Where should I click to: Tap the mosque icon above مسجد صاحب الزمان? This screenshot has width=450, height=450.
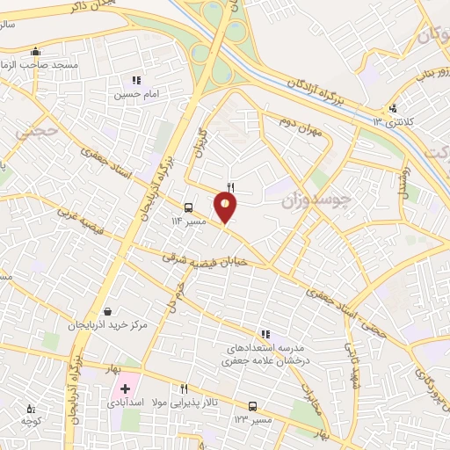pos(34,51)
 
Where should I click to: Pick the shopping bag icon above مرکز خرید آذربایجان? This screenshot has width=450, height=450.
pos(107,310)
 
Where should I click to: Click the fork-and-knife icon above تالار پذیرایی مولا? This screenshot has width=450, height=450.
pos(184,388)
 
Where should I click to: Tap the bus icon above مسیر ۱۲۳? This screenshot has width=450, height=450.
pos(253,406)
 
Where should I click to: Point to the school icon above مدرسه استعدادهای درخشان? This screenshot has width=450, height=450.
pos(262,334)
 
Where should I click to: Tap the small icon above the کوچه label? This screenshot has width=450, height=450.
pos(32,408)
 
